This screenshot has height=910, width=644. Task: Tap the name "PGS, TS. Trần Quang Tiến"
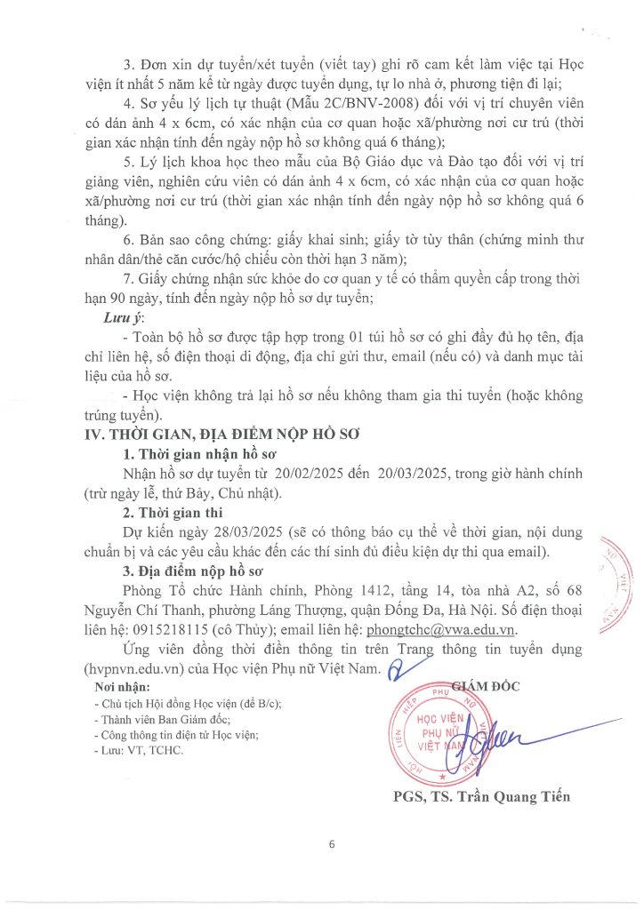[481, 796]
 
